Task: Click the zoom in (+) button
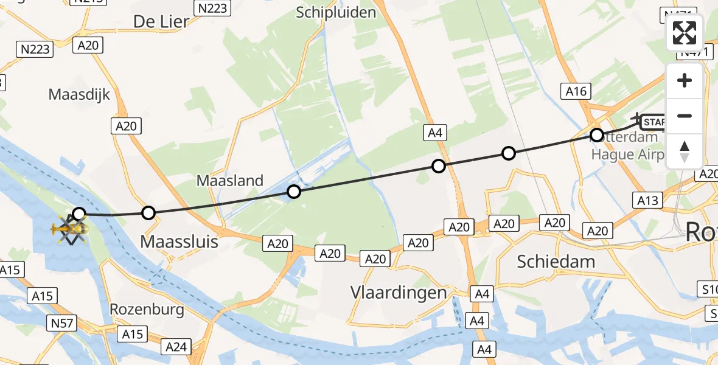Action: [685, 80]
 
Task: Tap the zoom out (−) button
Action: [685, 116]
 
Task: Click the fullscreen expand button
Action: [685, 33]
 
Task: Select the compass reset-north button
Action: [685, 151]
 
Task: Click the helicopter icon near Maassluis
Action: [68, 229]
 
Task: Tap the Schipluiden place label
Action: [336, 12]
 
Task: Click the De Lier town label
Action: [161, 21]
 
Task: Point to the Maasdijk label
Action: [80, 94]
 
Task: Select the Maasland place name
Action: [230, 180]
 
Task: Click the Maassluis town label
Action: [179, 242]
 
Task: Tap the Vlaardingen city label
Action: [399, 292]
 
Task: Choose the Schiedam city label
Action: [556, 261]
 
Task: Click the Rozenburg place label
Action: [147, 309]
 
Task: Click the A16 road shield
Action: [576, 92]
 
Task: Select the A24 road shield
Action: [176, 347]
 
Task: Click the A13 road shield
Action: [647, 200]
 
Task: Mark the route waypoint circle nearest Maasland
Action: [294, 192]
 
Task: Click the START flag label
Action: [654, 122]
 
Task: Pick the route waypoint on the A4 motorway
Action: [439, 165]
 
